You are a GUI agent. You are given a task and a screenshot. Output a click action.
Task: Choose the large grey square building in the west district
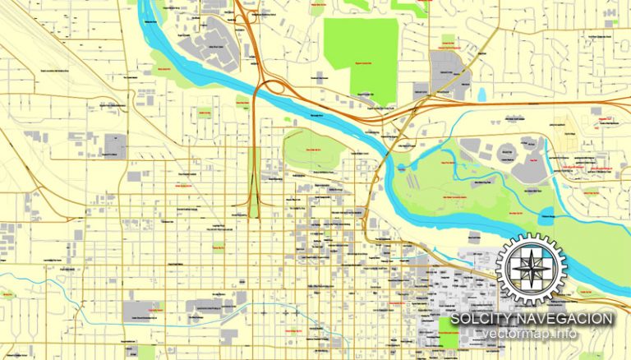[115, 145]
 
